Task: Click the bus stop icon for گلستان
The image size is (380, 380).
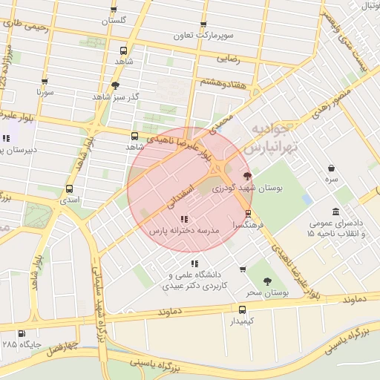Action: click(x=114, y=10)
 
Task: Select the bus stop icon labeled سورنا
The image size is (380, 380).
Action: click(x=45, y=82)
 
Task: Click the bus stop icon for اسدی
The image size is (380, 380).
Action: click(x=70, y=189)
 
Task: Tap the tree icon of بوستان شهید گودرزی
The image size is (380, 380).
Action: click(x=247, y=176)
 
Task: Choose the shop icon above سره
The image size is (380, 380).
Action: click(x=330, y=168)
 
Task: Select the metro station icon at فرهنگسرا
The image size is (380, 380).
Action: click(x=248, y=213)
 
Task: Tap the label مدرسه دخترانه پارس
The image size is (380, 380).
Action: click(x=186, y=232)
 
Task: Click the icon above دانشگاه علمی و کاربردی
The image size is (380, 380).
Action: click(x=194, y=263)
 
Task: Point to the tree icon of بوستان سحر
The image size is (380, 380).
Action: click(x=267, y=281)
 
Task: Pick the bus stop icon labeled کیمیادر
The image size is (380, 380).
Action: click(x=243, y=309)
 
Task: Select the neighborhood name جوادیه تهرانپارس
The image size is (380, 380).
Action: click(x=276, y=137)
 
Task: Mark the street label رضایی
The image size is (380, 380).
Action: click(x=226, y=57)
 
